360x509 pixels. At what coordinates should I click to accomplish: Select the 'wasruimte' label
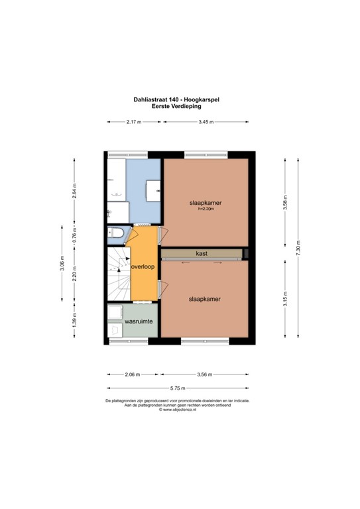tap(139, 321)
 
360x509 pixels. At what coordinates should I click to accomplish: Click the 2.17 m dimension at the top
tap(135, 122)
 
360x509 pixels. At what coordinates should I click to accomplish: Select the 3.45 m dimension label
tap(206, 122)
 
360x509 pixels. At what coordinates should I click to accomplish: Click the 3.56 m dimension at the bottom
tap(205, 374)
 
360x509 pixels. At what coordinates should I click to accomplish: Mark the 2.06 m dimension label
tap(133, 374)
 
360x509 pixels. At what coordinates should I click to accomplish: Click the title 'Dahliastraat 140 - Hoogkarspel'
tap(176, 99)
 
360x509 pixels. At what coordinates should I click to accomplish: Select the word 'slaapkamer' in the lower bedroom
tap(203, 299)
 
